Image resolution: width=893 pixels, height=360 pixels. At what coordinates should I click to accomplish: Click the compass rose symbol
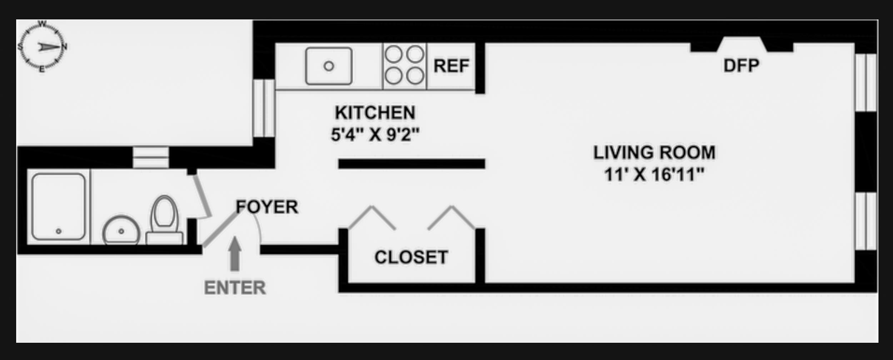click(42, 47)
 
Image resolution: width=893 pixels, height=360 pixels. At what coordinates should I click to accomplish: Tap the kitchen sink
click(329, 66)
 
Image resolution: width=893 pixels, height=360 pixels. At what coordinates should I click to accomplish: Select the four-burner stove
click(404, 66)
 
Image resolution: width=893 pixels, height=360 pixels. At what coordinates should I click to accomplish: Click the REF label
click(451, 66)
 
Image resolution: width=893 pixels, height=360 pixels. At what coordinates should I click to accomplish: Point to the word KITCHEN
click(375, 113)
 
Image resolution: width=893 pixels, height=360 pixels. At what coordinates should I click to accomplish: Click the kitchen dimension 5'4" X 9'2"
click(375, 135)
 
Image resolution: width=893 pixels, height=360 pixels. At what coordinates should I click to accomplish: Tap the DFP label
click(741, 66)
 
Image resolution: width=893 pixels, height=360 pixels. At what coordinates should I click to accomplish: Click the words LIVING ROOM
click(654, 153)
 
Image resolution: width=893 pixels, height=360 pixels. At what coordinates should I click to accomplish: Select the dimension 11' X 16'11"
click(654, 175)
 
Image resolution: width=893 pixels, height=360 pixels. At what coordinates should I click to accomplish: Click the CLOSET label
click(411, 257)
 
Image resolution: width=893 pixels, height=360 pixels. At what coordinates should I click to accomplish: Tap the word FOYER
click(267, 207)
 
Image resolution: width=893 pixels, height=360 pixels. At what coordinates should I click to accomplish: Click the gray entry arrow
click(235, 254)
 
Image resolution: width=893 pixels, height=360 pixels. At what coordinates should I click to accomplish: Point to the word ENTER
click(235, 288)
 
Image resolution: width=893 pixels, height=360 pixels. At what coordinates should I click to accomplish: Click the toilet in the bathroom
click(164, 221)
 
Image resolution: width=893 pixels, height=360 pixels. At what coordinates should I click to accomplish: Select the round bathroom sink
click(121, 231)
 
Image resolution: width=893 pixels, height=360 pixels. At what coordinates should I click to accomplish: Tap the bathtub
click(59, 206)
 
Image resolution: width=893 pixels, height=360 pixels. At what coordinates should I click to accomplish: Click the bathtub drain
click(59, 231)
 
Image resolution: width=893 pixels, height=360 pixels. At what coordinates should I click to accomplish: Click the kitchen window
click(264, 108)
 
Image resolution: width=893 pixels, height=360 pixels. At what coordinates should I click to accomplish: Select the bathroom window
click(151, 157)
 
